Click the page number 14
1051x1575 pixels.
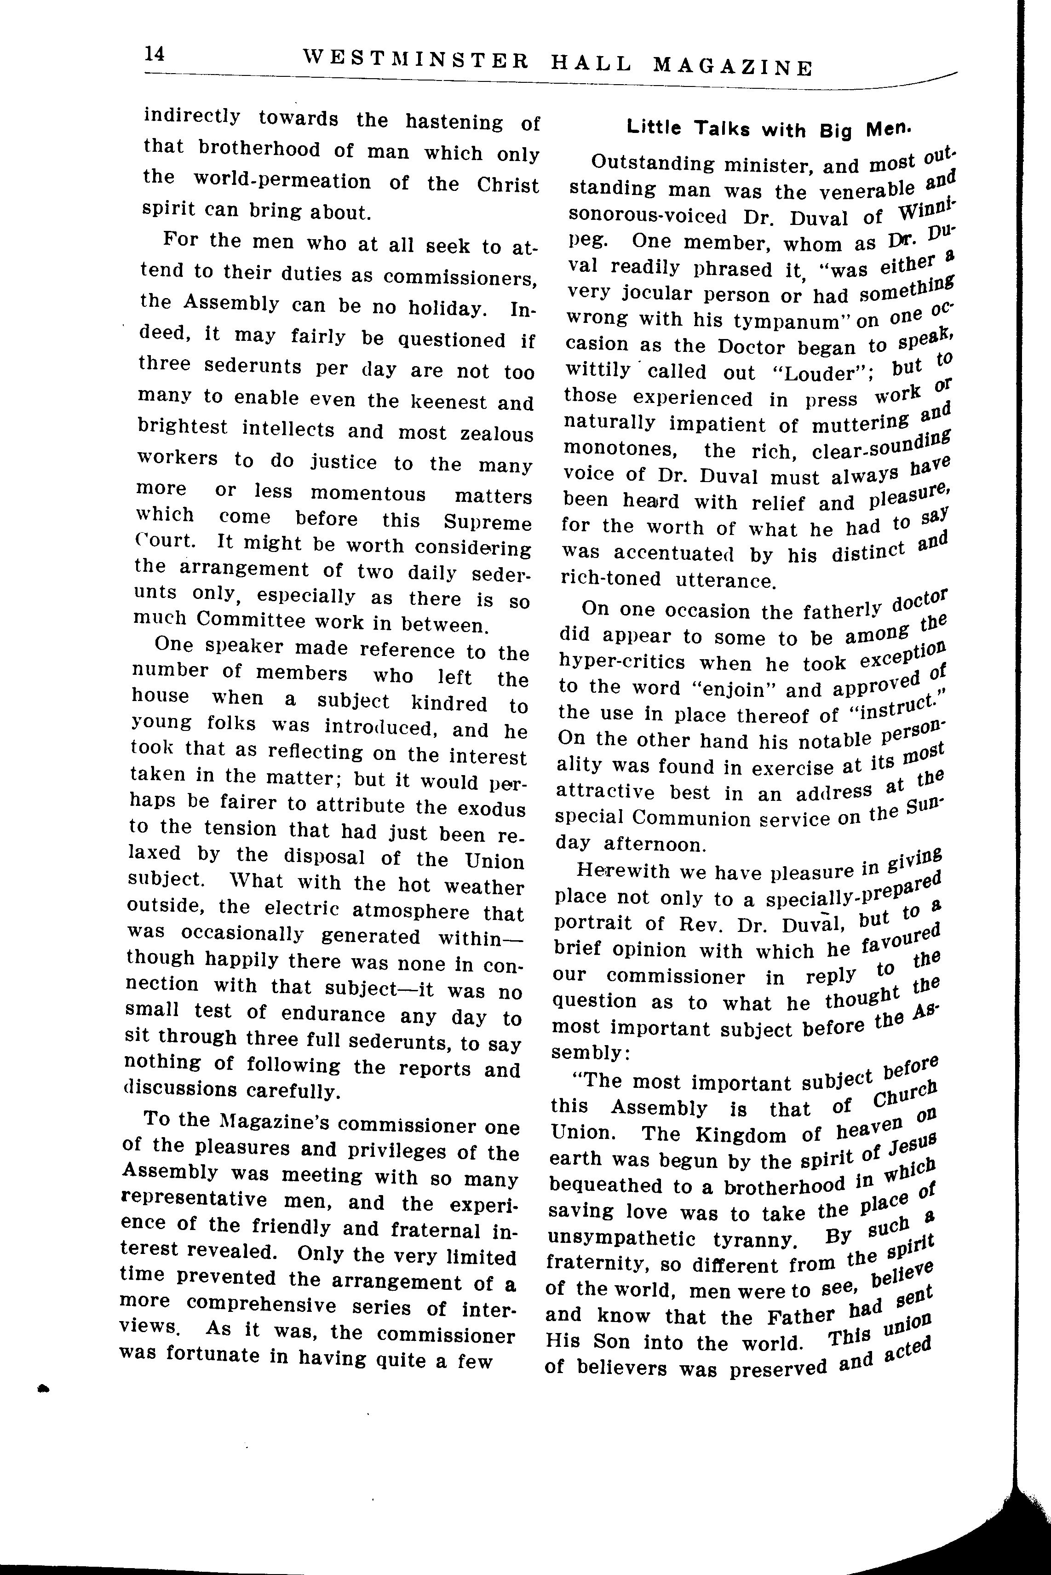coord(154,54)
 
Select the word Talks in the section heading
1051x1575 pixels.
coord(721,129)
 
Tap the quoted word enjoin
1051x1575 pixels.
coord(730,690)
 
